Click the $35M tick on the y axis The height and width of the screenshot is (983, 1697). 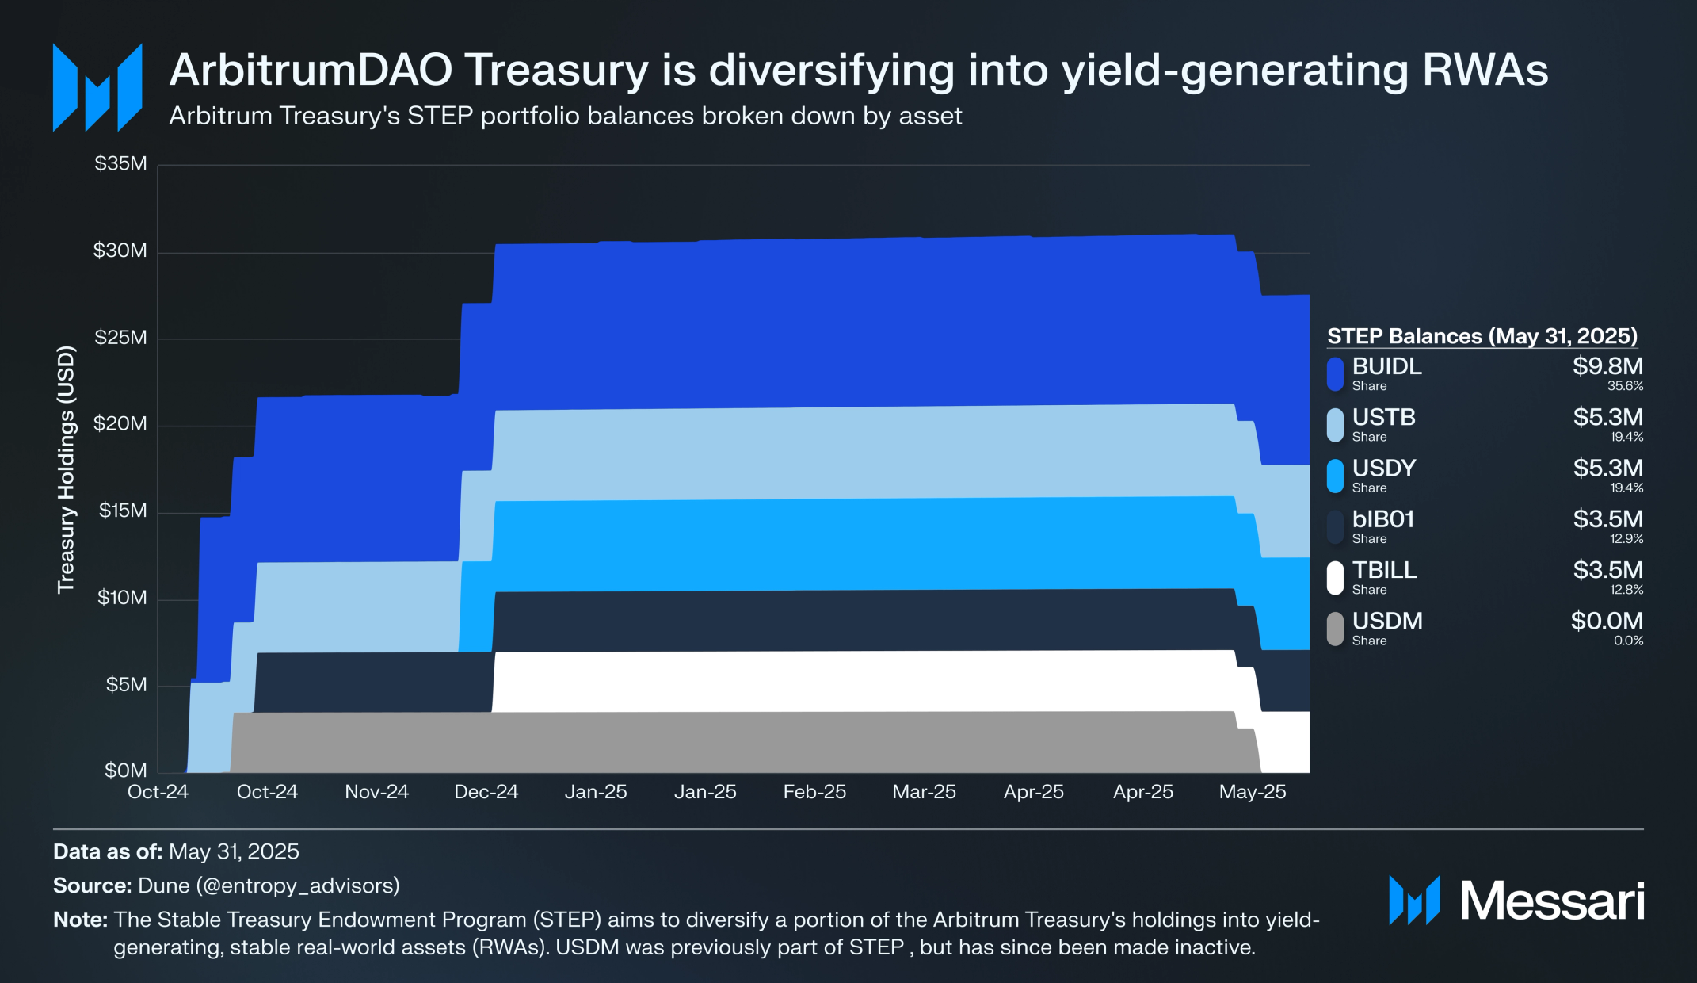click(x=120, y=164)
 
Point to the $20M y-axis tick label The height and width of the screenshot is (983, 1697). click(x=120, y=423)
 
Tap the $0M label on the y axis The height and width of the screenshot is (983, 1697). click(x=125, y=771)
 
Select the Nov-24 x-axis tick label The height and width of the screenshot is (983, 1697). click(x=376, y=792)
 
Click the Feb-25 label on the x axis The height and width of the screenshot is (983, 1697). click(x=814, y=792)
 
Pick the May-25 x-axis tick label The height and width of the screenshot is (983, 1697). click(x=1252, y=792)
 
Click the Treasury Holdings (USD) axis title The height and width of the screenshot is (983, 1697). click(x=66, y=469)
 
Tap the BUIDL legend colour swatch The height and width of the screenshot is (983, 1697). click(x=1336, y=374)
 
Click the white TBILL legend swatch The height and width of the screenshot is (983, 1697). click(x=1336, y=578)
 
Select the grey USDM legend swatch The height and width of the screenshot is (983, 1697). click(x=1336, y=629)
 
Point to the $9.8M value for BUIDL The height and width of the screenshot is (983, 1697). click(x=1607, y=366)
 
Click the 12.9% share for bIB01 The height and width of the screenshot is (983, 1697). click(x=1626, y=539)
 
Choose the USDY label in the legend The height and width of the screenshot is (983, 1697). click(x=1384, y=468)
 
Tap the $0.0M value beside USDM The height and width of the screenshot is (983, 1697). click(x=1607, y=621)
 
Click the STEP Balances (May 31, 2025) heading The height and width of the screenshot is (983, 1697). click(x=1482, y=336)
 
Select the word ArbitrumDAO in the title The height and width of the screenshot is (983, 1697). click(x=311, y=70)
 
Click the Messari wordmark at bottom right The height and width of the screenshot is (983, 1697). click(x=1551, y=901)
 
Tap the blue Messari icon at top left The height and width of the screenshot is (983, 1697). click(x=97, y=88)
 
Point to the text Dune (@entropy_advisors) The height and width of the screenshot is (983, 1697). click(x=269, y=885)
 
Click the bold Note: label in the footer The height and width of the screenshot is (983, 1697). click(x=80, y=920)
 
